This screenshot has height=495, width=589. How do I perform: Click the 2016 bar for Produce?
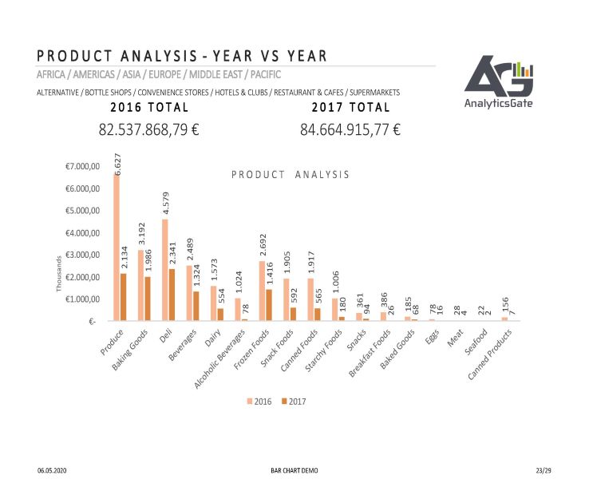(117, 247)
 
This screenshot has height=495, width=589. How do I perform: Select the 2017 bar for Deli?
(172, 295)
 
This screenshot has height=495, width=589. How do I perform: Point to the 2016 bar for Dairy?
(213, 303)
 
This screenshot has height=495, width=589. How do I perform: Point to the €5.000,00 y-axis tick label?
(82, 211)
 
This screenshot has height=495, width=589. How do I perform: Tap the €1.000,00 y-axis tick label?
(82, 299)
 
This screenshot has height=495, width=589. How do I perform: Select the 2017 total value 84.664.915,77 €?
(350, 129)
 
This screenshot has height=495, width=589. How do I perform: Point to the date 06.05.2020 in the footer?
(52, 470)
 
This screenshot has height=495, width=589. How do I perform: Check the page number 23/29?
(544, 470)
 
